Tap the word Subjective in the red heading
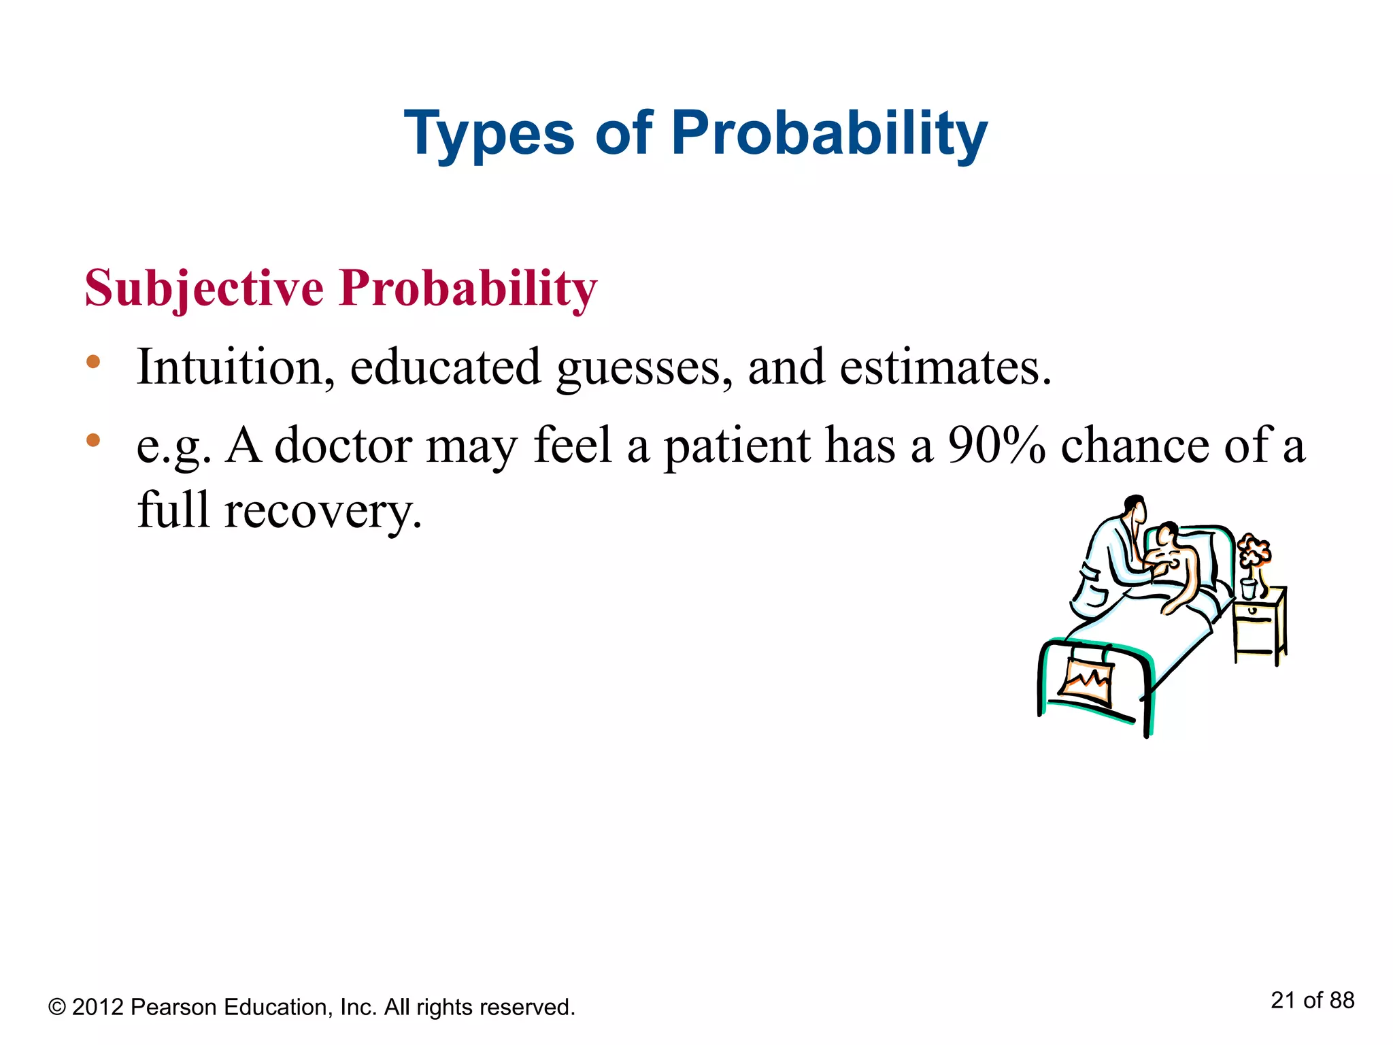(204, 288)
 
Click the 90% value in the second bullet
(996, 446)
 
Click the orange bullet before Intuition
(93, 362)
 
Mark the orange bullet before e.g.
(93, 440)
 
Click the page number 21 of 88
(1312, 1000)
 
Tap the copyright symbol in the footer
(57, 1008)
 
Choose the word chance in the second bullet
(1135, 446)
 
